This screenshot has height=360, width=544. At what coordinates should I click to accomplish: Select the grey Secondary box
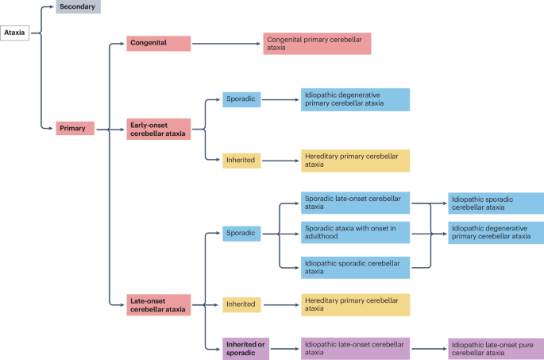click(x=79, y=7)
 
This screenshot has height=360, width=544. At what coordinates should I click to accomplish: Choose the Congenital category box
click(x=159, y=43)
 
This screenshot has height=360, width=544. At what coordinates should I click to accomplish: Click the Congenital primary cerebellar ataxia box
click(x=317, y=43)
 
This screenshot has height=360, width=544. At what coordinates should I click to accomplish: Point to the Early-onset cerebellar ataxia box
click(x=159, y=129)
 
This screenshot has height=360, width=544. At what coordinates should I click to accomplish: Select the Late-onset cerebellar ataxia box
click(x=159, y=304)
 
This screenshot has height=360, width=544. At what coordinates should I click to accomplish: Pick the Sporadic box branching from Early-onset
click(x=241, y=99)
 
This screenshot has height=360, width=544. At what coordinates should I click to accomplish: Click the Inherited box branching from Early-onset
click(x=241, y=160)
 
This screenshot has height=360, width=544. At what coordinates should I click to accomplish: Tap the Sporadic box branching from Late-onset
click(x=241, y=233)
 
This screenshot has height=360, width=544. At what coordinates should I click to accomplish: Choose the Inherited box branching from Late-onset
click(x=241, y=304)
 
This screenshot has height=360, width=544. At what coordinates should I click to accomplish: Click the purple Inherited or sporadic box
click(x=245, y=348)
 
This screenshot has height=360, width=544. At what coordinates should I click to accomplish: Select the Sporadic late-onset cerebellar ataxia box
click(x=355, y=203)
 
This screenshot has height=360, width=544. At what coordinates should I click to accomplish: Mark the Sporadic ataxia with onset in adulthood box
click(x=355, y=233)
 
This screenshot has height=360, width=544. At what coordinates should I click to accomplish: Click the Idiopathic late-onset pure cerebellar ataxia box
click(x=496, y=348)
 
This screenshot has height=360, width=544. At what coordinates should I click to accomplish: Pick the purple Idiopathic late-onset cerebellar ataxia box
click(x=355, y=348)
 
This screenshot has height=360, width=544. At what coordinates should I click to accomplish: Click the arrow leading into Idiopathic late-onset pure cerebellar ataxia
click(x=428, y=348)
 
